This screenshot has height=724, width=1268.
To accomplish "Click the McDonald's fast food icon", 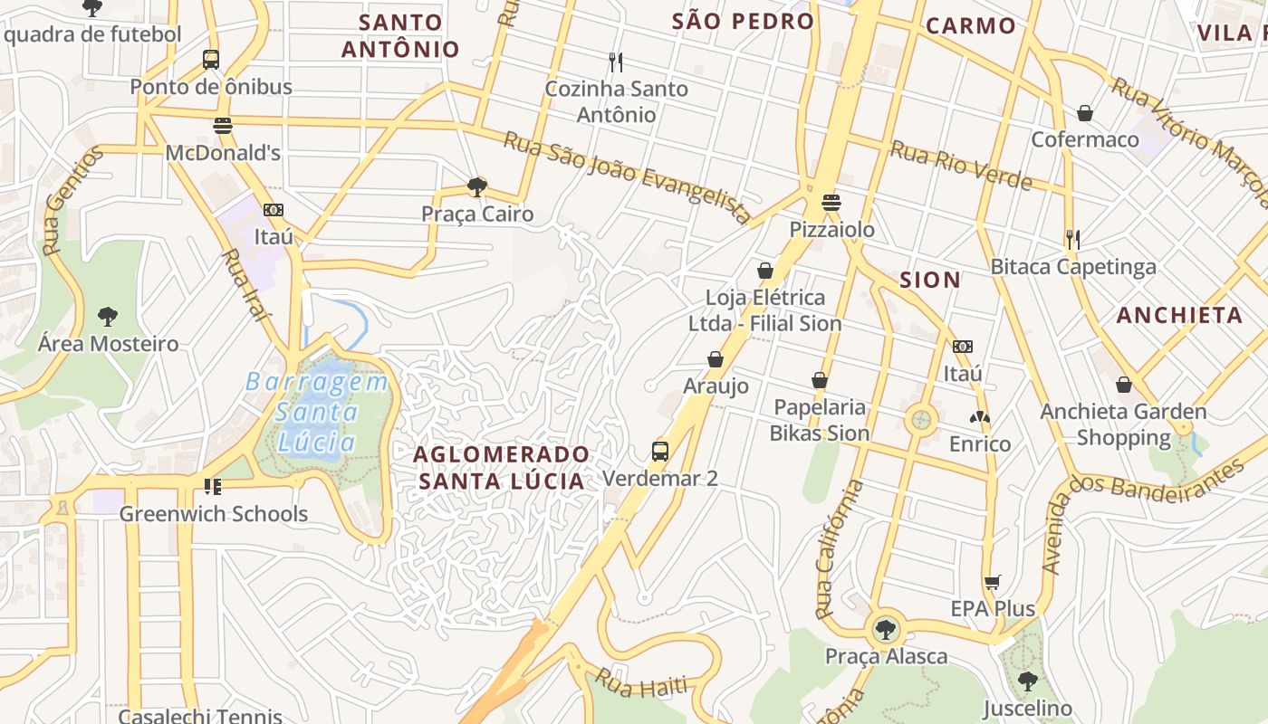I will pos(223,125).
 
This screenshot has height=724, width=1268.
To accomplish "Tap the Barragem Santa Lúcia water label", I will pos(317,412).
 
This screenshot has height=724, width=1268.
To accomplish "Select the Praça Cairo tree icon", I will pos(476,187).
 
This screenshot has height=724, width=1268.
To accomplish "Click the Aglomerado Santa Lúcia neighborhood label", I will pos(502,467).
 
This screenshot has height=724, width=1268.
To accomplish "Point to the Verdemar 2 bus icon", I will pos(660,451).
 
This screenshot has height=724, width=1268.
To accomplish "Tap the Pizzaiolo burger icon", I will pos(831,202).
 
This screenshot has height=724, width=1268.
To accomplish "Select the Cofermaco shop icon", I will pos(1084,113).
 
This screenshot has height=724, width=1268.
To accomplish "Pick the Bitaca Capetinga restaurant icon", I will pos(1072,240).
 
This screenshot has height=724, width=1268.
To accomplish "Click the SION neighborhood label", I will pos(930,280).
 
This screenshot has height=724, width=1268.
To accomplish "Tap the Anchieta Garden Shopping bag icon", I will pos(1124,385).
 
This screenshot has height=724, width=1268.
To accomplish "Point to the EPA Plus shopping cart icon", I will pos(993,582).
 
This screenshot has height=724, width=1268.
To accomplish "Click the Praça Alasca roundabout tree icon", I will pos(885,629).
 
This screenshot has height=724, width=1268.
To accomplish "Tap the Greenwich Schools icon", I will pos(213,487).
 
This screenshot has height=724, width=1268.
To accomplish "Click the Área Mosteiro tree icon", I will pos(108,317).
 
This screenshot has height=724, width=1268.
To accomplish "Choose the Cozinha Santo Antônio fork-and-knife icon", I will pos(616,62).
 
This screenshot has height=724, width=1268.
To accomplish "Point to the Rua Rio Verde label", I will pos(961,166).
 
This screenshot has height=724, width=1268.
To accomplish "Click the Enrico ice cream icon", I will pos(979,417).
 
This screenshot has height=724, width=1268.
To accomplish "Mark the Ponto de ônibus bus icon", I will pos(211,60).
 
